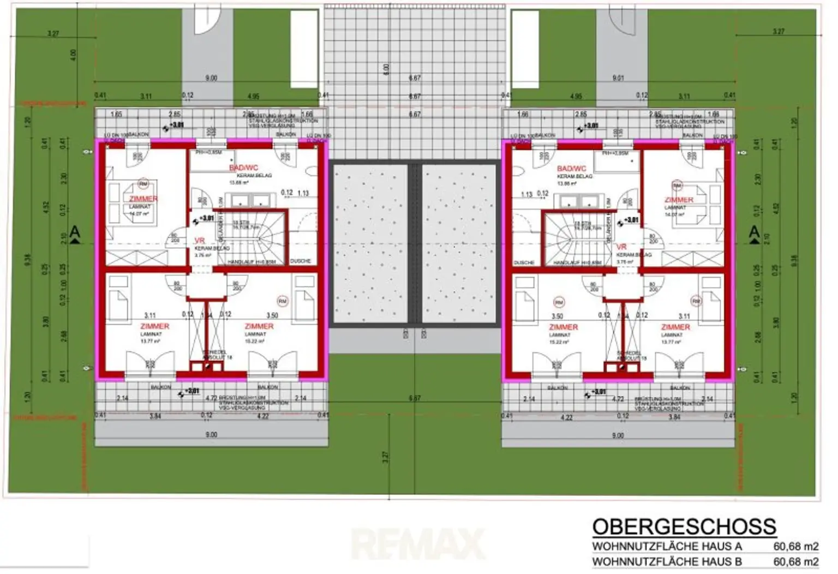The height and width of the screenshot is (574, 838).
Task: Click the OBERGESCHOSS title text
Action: pos(684,527)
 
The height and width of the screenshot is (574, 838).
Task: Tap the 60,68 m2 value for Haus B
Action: pos(796,561)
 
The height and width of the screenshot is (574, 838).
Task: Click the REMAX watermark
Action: pos(418,543)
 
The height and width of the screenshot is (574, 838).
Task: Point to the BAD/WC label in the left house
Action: pos(243,168)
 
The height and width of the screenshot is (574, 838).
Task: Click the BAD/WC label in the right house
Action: pos(572,169)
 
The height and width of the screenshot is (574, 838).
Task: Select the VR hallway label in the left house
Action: pos(200,241)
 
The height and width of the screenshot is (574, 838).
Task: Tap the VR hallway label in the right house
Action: pos(621,247)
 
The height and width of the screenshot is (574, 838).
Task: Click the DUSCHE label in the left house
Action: pos(300,261)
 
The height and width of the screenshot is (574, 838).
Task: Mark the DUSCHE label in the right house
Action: pos(524,263)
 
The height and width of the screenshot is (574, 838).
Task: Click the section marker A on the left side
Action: pos(75,233)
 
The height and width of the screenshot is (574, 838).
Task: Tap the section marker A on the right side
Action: pos(755,233)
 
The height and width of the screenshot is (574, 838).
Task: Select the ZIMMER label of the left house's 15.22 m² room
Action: pos(259,326)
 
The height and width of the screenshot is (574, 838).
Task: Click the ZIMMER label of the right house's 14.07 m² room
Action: pos(679,200)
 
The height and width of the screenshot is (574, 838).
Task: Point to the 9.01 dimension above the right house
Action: pos(618,78)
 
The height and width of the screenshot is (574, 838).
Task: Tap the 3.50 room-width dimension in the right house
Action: pos(557,316)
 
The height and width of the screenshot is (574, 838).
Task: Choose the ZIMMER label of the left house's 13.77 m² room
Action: pos(155,326)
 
